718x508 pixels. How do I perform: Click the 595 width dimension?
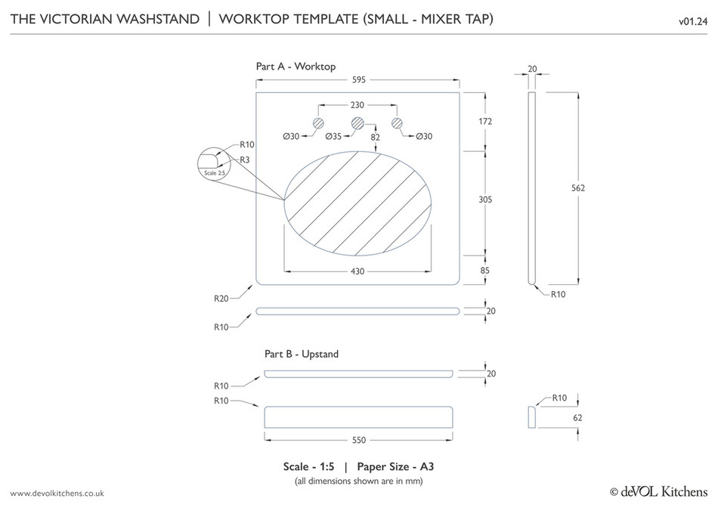coord(357,79)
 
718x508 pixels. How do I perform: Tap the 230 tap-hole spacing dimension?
coord(357,104)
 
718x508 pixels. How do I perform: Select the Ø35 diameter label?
coord(333,137)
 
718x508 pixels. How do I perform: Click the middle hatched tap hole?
coord(357,122)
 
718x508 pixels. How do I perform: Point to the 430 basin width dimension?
coord(358,270)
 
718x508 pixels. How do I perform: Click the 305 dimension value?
coord(485,200)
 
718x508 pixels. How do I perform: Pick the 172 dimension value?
coord(485,121)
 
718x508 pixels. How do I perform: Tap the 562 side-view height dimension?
coord(579,187)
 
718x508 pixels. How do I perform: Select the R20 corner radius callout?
coord(221,299)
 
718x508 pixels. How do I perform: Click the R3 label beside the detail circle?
coord(245,160)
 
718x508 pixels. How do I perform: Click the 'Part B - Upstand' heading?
coord(302,354)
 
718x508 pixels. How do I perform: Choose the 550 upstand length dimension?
coord(360,439)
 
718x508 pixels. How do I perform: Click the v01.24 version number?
coord(692,20)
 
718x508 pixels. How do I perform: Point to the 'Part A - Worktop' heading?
coord(296,67)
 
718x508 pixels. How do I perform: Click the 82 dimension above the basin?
coord(376,137)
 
